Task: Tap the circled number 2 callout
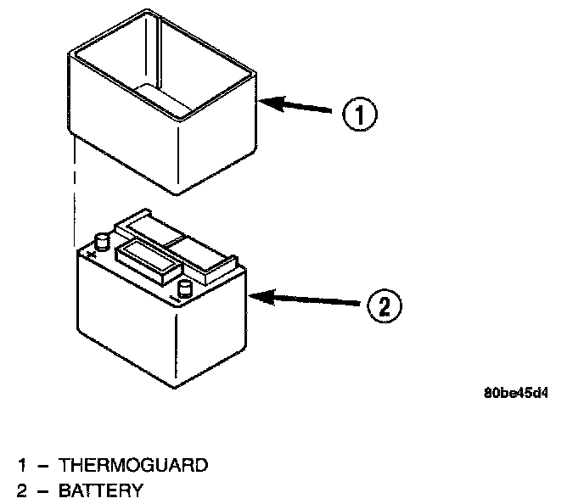tap(384, 305)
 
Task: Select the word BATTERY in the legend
tap(101, 490)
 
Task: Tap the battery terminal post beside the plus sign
tap(102, 242)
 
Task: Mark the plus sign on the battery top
tap(87, 252)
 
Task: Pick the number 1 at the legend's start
tap(24, 465)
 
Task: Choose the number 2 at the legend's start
tap(24, 490)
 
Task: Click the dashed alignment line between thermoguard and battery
tap(76, 187)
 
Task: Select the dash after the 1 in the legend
tap(43, 465)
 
